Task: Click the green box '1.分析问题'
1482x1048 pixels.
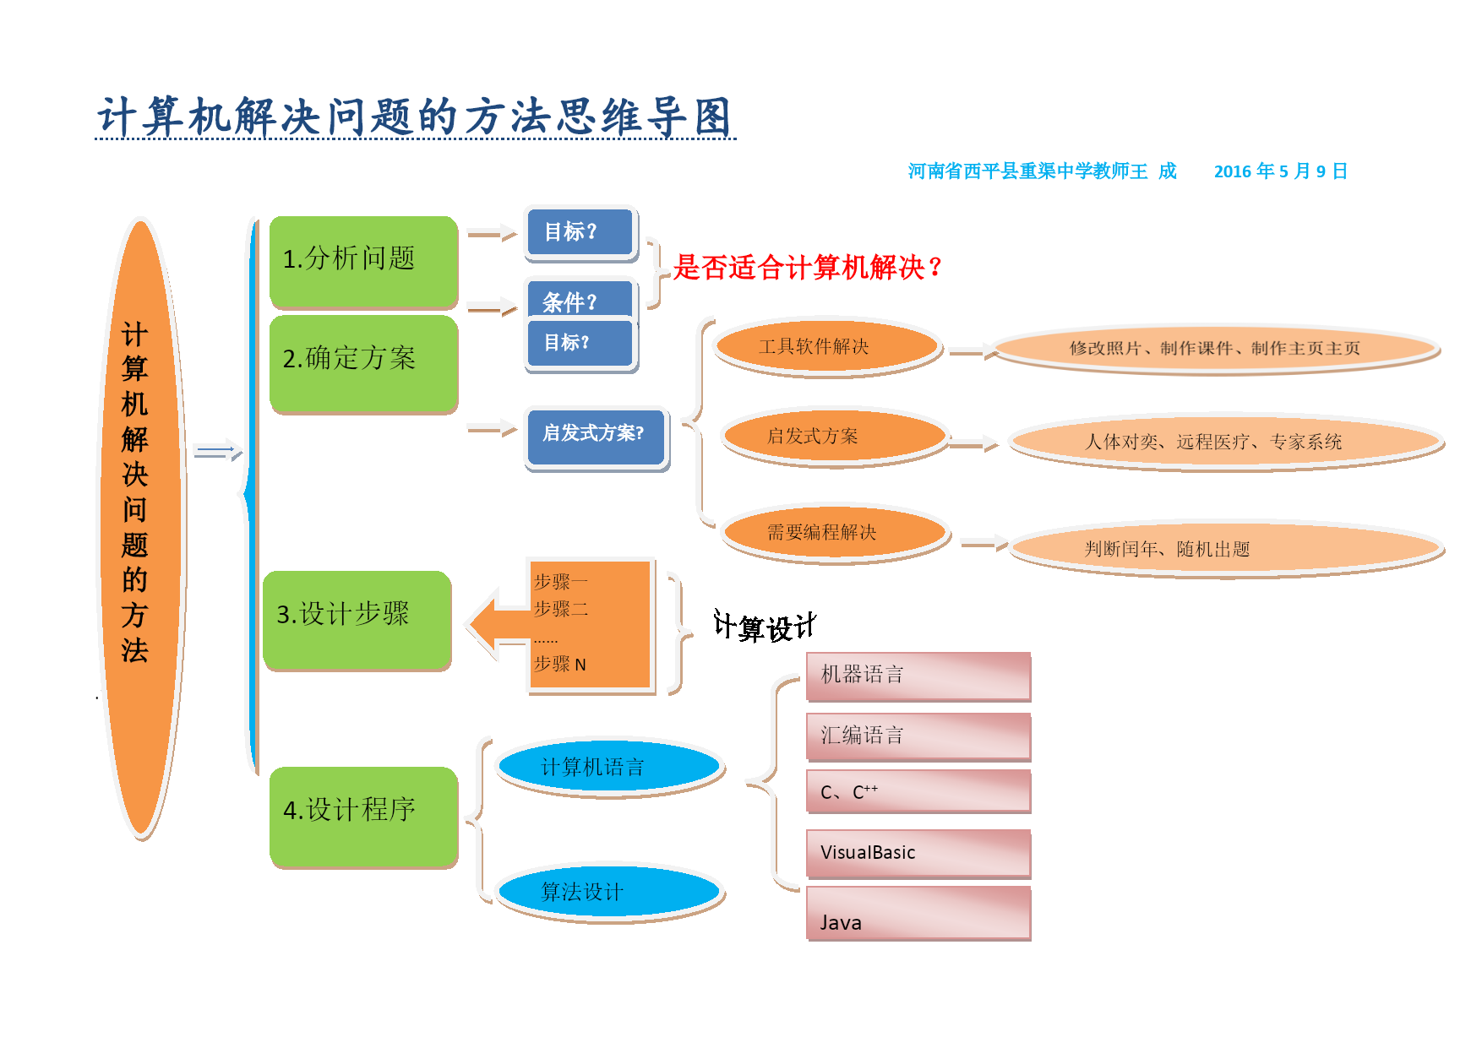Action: [363, 261]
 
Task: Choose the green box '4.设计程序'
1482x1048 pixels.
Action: [363, 814]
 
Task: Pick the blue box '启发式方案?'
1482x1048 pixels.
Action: [596, 436]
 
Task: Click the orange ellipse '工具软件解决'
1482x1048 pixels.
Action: [825, 345]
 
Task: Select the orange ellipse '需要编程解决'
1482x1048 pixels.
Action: [834, 531]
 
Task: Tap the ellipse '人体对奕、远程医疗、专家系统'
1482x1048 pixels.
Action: [1224, 441]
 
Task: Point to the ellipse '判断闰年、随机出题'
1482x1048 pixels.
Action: [1224, 548]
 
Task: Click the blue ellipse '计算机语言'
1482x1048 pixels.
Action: [608, 767]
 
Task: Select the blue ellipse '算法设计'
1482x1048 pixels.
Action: [608, 891]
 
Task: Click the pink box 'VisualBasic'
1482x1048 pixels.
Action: [918, 852]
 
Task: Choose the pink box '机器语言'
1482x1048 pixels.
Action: [918, 675]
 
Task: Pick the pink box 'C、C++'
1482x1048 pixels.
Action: [918, 790]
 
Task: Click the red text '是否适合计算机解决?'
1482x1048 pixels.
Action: [807, 268]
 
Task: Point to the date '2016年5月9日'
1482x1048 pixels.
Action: [1280, 171]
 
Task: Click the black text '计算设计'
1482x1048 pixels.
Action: [764, 627]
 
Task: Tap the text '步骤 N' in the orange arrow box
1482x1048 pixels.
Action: [560, 665]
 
